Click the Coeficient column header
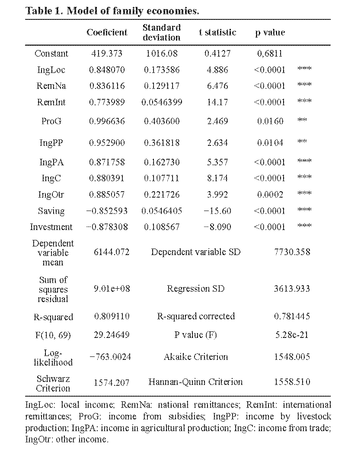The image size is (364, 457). [107, 32]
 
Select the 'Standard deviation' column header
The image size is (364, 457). [161, 32]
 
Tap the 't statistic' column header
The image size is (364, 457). [217, 32]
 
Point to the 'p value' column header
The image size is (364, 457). [270, 32]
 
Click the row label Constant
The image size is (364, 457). [51, 54]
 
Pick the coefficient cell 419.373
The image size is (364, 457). [107, 54]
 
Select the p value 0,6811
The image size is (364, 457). [270, 54]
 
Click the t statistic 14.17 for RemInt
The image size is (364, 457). [217, 102]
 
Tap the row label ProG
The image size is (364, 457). [51, 121]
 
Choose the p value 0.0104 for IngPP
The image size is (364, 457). [270, 143]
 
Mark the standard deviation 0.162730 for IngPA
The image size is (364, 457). [162, 162]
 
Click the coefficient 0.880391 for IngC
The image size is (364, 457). [107, 178]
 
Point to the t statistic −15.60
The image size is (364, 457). [217, 211]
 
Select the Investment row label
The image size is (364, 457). [51, 227]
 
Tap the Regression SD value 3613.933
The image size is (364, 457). [292, 289]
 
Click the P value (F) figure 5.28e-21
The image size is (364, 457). [292, 335]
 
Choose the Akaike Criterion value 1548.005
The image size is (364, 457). [292, 357]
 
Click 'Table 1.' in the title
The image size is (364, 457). [43, 10]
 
